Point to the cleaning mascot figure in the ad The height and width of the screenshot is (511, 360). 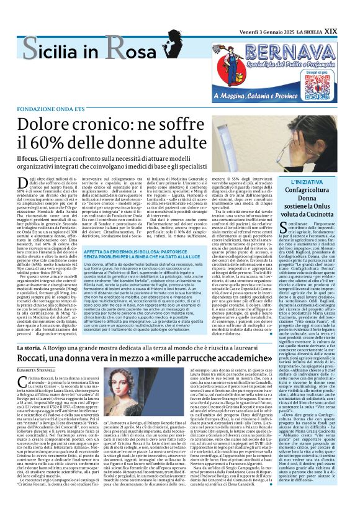233,67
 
